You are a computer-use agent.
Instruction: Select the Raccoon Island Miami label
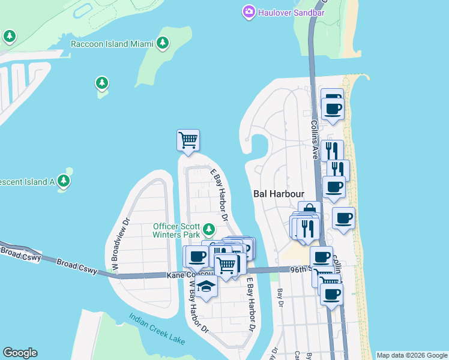[x=111, y=43]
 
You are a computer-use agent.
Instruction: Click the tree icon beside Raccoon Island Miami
[x=162, y=43]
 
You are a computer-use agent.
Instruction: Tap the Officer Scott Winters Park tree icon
[x=209, y=229]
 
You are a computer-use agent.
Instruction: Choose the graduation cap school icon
[x=206, y=286]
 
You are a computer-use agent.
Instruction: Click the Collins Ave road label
[x=314, y=138]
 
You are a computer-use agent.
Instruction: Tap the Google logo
[x=20, y=353]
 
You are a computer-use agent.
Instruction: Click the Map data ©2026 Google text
[x=411, y=355]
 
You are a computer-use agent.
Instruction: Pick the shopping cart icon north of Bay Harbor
[x=188, y=140]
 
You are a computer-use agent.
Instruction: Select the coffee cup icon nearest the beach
[x=343, y=218]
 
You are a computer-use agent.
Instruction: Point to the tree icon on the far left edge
[x=9, y=37]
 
